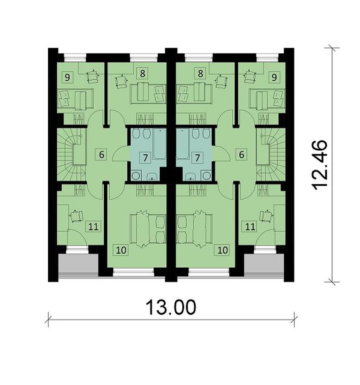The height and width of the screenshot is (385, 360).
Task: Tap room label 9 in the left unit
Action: [68, 77]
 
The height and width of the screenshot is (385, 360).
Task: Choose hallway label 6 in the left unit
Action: [101, 154]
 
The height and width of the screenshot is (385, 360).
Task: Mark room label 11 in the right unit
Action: [250, 226]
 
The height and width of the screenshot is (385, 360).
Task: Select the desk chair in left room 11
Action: [75, 216]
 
